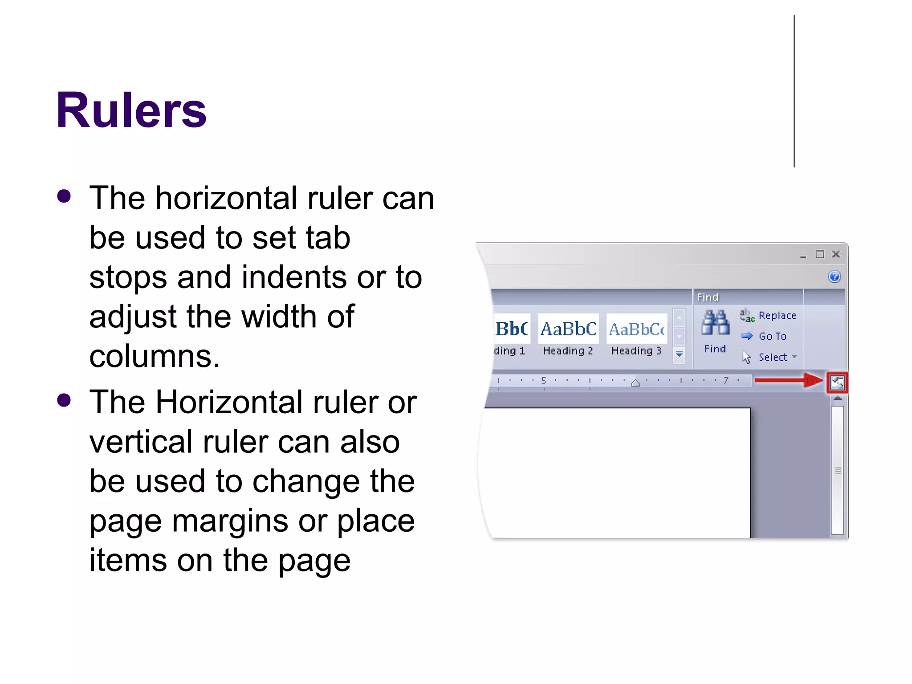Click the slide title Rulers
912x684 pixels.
[x=131, y=110]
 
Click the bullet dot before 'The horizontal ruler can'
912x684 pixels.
[x=64, y=196]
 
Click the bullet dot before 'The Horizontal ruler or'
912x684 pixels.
[x=64, y=400]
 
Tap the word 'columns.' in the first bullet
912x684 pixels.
[x=155, y=357]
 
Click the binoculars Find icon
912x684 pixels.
[x=715, y=323]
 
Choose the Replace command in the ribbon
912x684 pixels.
[x=777, y=316]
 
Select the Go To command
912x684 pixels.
[x=773, y=337]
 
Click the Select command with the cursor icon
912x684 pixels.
[x=773, y=357]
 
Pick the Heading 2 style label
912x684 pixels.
[x=568, y=351]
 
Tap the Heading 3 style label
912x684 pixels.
[x=636, y=351]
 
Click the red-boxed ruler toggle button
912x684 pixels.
[x=837, y=383]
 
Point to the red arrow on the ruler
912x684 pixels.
[x=788, y=380]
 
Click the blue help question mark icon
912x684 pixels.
[x=835, y=277]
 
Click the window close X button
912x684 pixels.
[x=836, y=254]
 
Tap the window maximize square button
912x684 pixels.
[x=820, y=254]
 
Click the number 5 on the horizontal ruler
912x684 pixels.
[x=543, y=380]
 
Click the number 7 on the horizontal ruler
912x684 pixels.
[x=726, y=380]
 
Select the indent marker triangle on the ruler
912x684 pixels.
[x=635, y=383]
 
